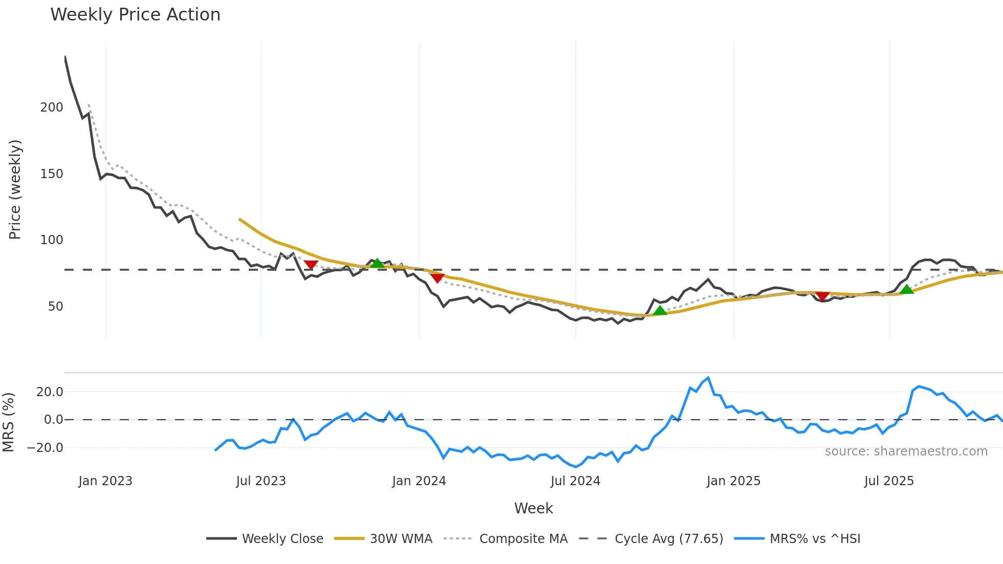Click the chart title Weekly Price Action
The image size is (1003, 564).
135,15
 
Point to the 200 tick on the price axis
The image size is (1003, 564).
52,107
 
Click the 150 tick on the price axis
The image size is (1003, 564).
52,174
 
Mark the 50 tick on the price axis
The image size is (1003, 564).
55,307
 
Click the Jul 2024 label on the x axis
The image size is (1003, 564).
575,481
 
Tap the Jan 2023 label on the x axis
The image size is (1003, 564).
105,481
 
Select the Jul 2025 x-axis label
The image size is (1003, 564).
889,481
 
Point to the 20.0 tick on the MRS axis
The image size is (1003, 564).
50,392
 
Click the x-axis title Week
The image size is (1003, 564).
533,508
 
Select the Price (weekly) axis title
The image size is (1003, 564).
15,189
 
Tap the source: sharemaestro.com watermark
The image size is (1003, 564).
906,451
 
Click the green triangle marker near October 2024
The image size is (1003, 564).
660,310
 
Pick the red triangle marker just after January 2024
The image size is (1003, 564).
437,278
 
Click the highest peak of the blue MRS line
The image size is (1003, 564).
708,378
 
